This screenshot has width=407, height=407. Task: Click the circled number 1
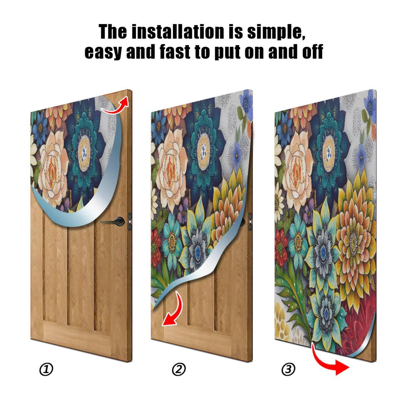click(x=46, y=369)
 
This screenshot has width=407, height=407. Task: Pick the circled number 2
click(x=179, y=369)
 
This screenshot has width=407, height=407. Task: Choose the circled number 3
click(x=288, y=369)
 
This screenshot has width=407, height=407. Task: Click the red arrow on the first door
click(x=116, y=105)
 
